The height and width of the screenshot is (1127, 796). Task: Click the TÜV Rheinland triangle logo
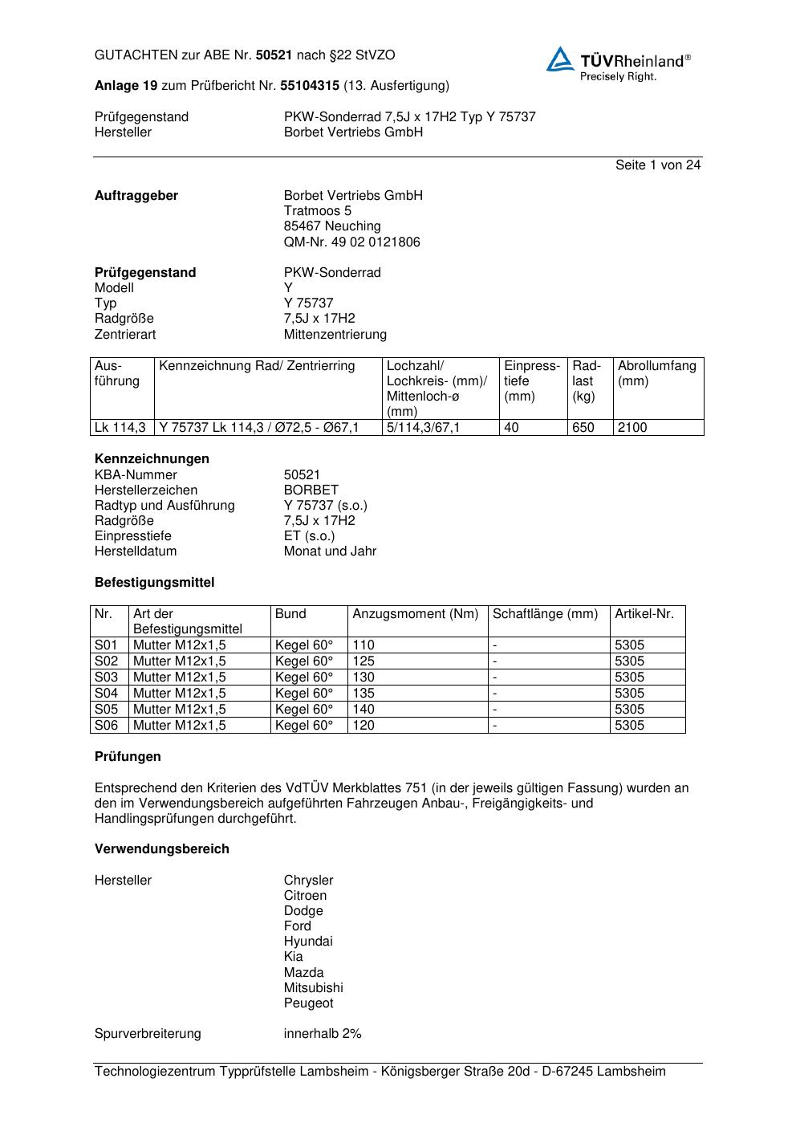pyautogui.click(x=560, y=60)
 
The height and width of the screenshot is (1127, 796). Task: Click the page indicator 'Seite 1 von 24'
pyautogui.click(x=657, y=165)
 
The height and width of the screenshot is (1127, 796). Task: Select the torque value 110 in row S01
pyautogui.click(x=363, y=645)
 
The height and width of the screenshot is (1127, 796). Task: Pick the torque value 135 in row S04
pyautogui.click(x=363, y=694)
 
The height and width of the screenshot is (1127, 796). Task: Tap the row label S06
pyautogui.click(x=106, y=726)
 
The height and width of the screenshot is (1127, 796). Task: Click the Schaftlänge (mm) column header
pyautogui.click(x=545, y=614)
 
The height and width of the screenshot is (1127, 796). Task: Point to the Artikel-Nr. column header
pyautogui.click(x=644, y=614)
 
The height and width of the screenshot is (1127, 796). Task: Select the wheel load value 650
pyautogui.click(x=583, y=428)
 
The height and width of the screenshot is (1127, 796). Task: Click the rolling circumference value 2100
pyautogui.click(x=632, y=428)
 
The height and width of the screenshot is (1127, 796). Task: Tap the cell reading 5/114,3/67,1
pyautogui.click(x=424, y=428)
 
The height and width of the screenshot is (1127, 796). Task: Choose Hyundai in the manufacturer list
pyautogui.click(x=308, y=942)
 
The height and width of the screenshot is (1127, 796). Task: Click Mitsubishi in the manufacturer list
pyautogui.click(x=313, y=988)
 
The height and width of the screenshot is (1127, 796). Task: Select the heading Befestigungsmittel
pyautogui.click(x=154, y=583)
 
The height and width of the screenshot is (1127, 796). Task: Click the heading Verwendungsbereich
pyautogui.click(x=161, y=849)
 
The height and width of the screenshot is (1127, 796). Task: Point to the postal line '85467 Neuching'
pyautogui.click(x=332, y=226)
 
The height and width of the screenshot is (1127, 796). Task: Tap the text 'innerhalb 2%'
pyautogui.click(x=323, y=1034)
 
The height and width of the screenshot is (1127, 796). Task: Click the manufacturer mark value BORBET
pyautogui.click(x=311, y=490)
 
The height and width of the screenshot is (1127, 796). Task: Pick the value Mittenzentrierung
pyautogui.click(x=335, y=335)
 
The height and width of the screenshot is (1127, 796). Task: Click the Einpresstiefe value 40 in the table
pyautogui.click(x=511, y=428)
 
